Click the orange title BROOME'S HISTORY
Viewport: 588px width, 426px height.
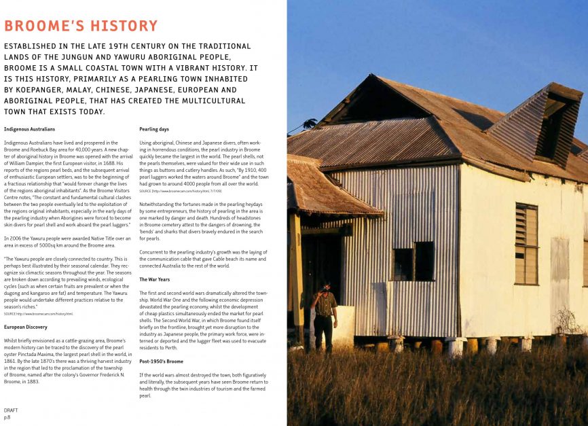point(81,26)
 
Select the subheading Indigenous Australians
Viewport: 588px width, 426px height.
point(29,129)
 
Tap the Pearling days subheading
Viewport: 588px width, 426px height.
point(154,129)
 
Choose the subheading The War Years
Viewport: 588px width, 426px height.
point(155,279)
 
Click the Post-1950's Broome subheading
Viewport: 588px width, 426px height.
point(161,361)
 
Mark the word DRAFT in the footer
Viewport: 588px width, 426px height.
point(11,410)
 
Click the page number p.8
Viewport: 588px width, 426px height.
point(7,417)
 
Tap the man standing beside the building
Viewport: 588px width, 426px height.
point(325,314)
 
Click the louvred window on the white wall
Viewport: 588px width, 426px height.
point(526,244)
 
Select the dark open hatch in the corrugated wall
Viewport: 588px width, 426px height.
point(413,261)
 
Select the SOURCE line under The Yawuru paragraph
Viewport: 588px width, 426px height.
point(39,314)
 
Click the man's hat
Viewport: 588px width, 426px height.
point(326,286)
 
